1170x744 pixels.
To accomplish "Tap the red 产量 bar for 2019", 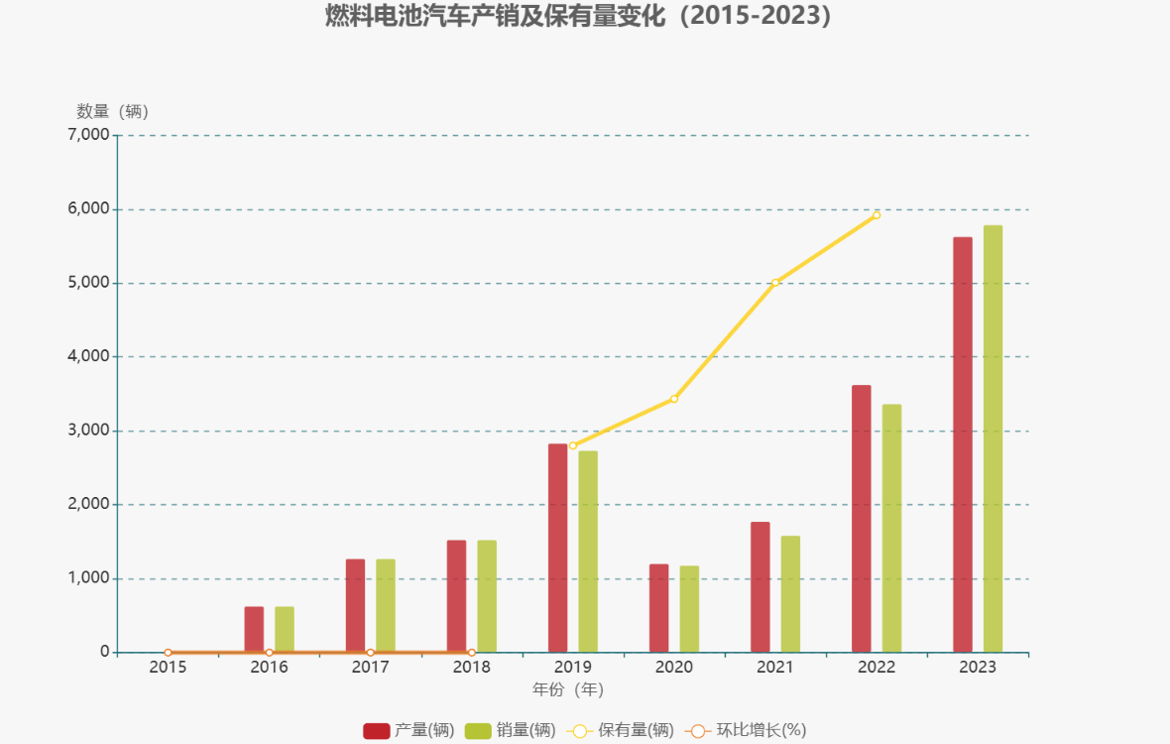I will point(557,548).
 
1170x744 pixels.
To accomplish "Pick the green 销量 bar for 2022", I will point(891,528).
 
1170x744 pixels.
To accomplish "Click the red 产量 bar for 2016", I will point(254,629).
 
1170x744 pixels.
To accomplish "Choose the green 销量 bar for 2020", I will point(689,608).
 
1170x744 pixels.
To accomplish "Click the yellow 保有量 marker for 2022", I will point(877,214).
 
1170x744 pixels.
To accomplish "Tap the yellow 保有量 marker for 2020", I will point(674,399).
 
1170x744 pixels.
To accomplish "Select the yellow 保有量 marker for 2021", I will point(775,283).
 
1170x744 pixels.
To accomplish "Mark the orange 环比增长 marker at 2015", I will point(168,652).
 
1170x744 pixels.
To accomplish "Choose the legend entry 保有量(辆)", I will point(620,730).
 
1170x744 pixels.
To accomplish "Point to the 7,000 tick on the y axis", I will point(87,135).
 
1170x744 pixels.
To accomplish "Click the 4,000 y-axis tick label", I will point(87,356).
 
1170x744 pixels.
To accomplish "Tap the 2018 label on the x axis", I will point(471,667).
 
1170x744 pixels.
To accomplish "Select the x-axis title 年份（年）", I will point(568,688).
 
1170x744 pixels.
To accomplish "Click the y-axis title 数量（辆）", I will point(112,111).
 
